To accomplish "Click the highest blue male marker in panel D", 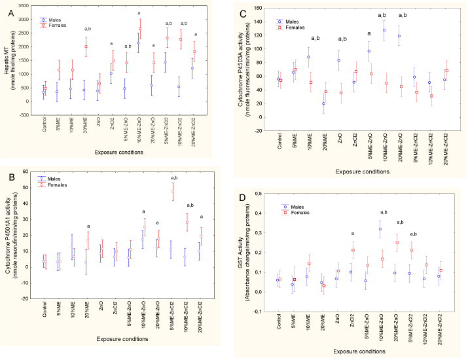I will [380, 229].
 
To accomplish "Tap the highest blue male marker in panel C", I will [384, 30].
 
